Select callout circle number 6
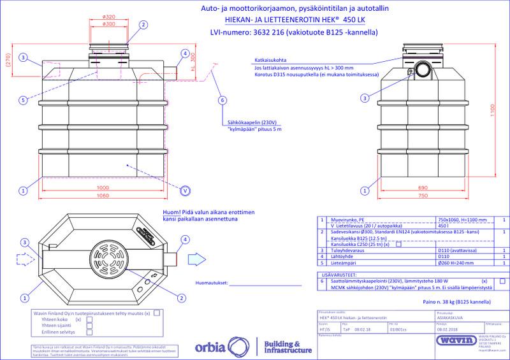tap(222, 100)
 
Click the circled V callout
tap(185, 191)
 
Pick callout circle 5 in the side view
tap(23, 100)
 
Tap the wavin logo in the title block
tap(453, 341)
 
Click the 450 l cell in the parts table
tap(442, 225)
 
